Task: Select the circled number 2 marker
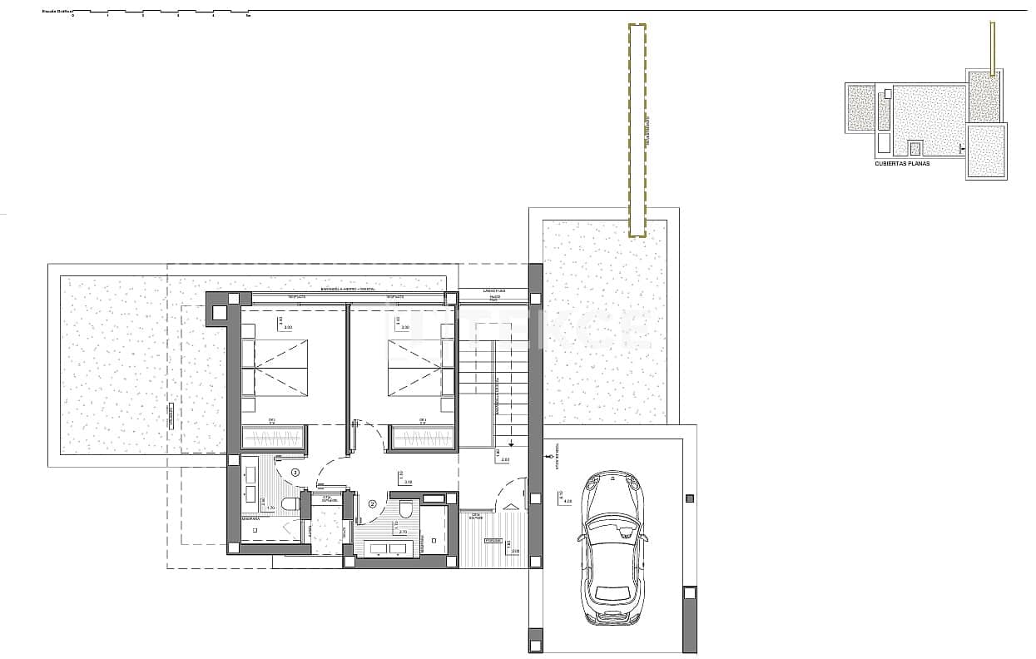point(372,503)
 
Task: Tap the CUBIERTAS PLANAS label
point(902,164)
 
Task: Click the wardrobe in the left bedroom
point(274,439)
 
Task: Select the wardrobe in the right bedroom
point(424,439)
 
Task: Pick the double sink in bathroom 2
point(386,548)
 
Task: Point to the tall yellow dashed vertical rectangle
point(637,130)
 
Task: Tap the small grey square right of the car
point(688,498)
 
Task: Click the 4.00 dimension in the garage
point(568,502)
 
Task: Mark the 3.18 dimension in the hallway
point(408,482)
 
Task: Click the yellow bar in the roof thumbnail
point(992,47)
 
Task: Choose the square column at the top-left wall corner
point(219,313)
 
